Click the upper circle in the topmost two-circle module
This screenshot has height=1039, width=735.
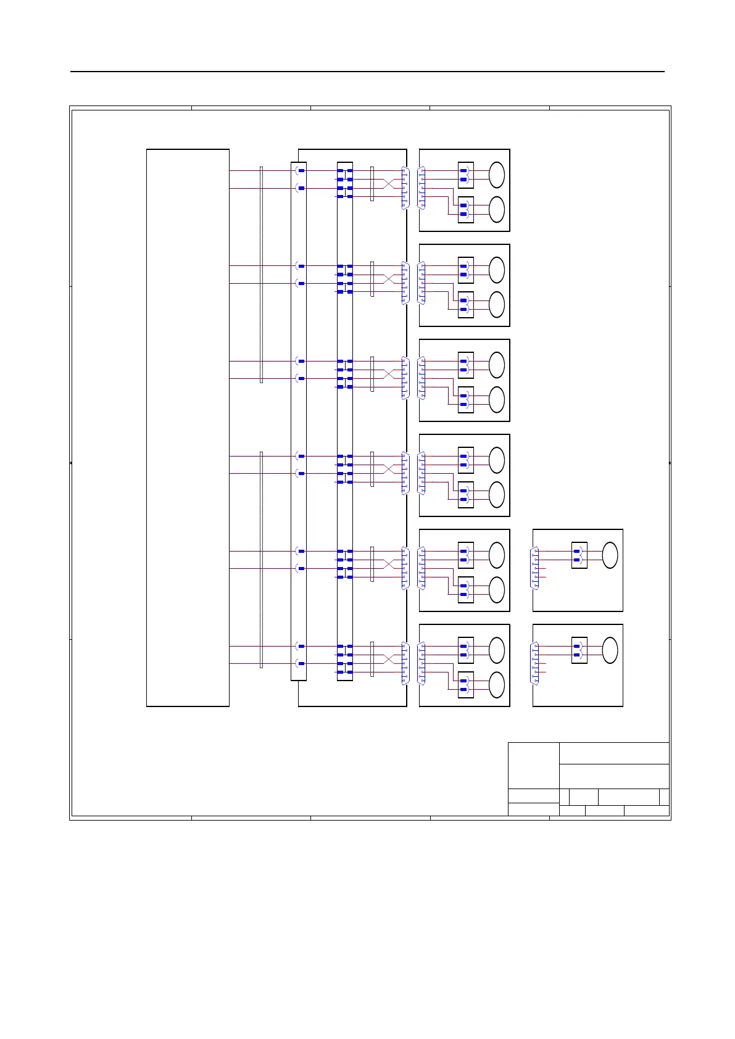[x=497, y=175]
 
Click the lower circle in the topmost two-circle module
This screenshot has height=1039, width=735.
[x=497, y=210]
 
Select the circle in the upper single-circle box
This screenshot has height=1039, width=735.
[x=610, y=555]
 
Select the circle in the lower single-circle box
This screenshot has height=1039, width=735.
[x=610, y=650]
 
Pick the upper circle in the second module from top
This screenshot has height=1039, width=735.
[x=497, y=270]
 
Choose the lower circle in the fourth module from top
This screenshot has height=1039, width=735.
[x=497, y=495]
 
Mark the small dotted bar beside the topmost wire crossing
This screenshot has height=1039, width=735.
[x=372, y=183]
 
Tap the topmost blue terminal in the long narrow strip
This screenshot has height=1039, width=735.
[x=301, y=171]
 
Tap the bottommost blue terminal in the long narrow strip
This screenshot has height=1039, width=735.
[x=301, y=664]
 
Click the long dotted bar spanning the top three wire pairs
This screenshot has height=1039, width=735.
[x=261, y=275]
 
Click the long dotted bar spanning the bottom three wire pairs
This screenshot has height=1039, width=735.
[x=261, y=560]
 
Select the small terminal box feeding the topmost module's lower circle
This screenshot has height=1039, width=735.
[x=466, y=210]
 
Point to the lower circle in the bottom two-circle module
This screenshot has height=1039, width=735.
[x=497, y=685]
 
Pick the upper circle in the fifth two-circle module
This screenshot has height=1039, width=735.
[x=497, y=555]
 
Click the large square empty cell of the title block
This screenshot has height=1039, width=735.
[x=533, y=765]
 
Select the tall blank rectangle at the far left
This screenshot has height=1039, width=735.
[x=188, y=428]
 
